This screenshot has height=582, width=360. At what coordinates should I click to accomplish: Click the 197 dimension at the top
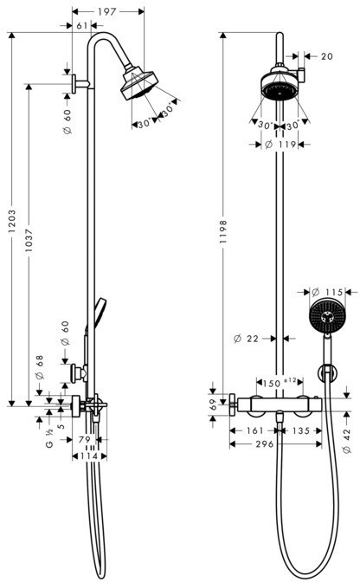tap(106, 12)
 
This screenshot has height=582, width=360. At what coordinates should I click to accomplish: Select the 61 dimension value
tap(82, 26)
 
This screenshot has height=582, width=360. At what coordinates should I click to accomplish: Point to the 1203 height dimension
tap(12, 222)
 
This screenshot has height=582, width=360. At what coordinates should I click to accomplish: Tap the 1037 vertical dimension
tap(29, 240)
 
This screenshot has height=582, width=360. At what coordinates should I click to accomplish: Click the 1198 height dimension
tap(222, 231)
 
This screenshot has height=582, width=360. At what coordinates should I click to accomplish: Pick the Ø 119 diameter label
tap(280, 144)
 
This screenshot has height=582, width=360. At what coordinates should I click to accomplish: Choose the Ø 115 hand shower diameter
tap(327, 292)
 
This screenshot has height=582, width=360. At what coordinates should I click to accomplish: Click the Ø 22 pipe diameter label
tap(246, 338)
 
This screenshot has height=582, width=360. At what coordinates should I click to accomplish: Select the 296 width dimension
tap(264, 444)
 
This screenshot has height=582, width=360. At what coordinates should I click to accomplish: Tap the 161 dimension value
tap(254, 430)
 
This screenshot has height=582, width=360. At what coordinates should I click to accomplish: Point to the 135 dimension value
tap(300, 430)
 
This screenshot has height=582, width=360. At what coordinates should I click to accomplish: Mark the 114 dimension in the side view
tap(89, 456)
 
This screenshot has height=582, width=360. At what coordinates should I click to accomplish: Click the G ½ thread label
tap(49, 438)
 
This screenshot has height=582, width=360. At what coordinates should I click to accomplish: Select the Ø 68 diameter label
tap(40, 367)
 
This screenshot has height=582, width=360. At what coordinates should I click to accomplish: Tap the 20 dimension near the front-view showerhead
tap(327, 56)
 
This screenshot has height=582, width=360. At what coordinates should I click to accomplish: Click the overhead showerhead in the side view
tap(139, 83)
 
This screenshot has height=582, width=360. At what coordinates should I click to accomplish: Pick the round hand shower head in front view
tap(326, 316)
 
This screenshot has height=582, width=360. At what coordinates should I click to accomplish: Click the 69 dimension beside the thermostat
tap(212, 404)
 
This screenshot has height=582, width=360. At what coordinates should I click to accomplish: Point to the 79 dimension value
tap(85, 439)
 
